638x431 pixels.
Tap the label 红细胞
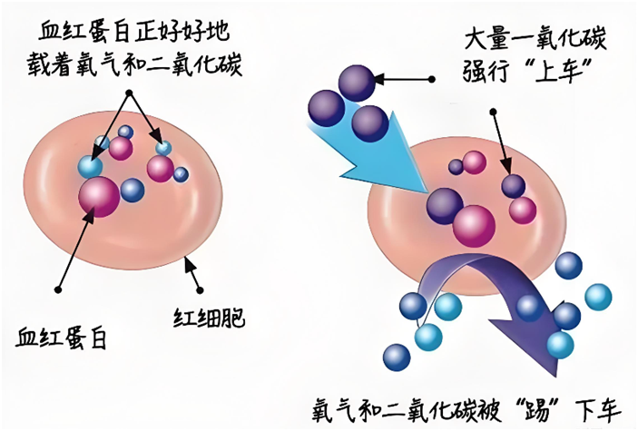point(209,318)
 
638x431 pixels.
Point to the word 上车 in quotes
point(565,71)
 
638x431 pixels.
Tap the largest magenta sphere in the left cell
point(99,197)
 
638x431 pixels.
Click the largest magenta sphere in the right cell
point(476,224)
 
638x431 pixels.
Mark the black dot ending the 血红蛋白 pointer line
point(58,289)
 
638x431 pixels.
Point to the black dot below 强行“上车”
point(494,113)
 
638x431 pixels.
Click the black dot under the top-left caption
point(131,93)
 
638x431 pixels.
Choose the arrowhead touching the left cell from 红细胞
point(187,261)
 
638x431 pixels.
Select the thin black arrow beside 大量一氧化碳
point(408,81)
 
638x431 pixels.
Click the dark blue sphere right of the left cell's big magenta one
point(133,191)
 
